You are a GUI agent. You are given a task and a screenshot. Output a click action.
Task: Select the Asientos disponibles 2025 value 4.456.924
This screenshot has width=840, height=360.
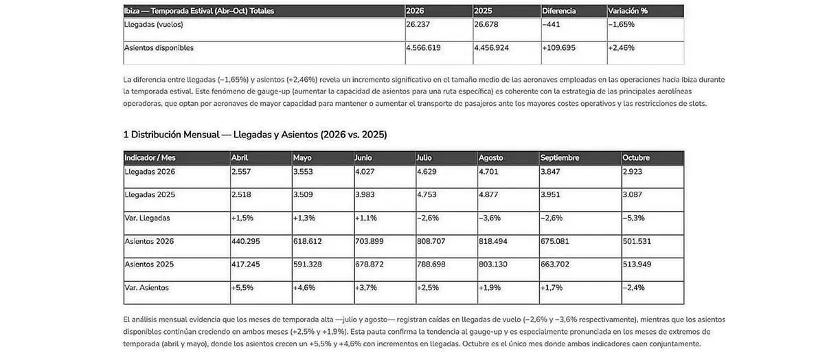[x=492, y=48]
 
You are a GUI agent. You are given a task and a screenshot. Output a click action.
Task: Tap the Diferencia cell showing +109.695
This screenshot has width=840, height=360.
[x=558, y=48]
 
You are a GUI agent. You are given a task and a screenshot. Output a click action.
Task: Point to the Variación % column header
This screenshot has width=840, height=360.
[x=628, y=11]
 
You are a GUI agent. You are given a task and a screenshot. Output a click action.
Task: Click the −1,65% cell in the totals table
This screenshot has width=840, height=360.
[x=622, y=25]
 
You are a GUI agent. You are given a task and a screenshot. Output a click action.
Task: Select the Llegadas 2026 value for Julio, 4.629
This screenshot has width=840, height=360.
[x=427, y=172]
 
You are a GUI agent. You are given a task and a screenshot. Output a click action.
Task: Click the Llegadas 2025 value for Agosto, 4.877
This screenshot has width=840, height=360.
[x=489, y=195]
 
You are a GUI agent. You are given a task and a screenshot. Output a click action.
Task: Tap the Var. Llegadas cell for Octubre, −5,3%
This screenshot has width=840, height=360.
[x=633, y=218]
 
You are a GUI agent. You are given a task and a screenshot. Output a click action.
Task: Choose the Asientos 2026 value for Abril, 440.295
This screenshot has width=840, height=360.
[x=246, y=242]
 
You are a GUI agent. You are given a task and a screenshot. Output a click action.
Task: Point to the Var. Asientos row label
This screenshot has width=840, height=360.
[x=146, y=288]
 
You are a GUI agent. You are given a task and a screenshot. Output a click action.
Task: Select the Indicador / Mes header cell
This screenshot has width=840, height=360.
[x=150, y=158]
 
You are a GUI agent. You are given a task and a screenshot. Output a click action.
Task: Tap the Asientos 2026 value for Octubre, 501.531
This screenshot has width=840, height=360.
[x=637, y=242]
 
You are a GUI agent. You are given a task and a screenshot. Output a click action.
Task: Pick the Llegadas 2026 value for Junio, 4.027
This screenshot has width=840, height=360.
[x=365, y=172]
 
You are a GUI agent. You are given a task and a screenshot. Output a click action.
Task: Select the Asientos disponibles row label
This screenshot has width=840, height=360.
[x=159, y=48]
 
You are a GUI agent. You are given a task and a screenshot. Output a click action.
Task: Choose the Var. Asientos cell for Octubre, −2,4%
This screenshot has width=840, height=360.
[x=634, y=288]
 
